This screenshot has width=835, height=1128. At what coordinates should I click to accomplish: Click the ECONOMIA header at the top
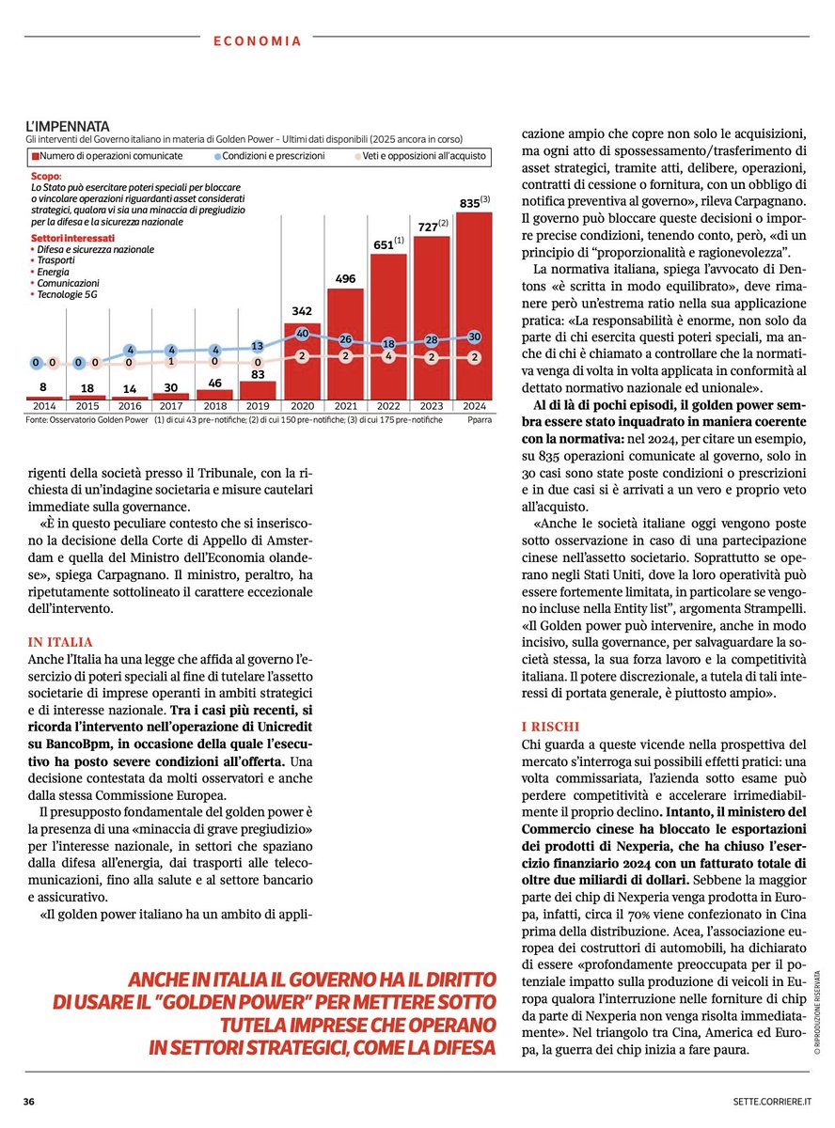257,41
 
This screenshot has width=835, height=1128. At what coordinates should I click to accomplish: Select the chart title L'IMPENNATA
68,126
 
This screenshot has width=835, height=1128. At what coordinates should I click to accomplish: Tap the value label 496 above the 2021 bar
345,279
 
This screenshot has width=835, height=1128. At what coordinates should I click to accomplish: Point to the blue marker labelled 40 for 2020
302,334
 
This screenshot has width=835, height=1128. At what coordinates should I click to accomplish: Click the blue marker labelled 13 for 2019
258,346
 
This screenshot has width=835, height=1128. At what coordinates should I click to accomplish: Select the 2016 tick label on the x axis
131,406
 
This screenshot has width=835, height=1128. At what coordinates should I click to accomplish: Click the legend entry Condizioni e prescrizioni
274,155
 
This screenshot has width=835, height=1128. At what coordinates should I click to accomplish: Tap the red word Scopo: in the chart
46,176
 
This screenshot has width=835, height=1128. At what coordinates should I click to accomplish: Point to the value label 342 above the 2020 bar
302,311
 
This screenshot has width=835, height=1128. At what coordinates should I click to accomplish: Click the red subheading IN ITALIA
59,642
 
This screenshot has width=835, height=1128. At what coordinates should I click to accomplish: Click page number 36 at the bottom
31,1100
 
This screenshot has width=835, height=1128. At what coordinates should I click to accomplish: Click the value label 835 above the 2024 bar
470,202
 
